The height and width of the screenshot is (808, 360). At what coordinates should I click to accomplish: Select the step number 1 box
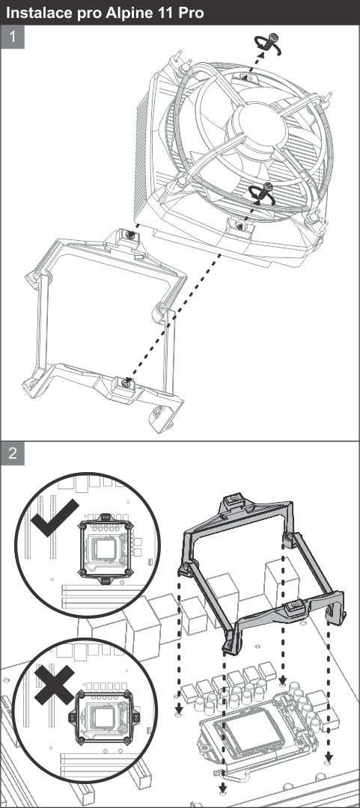[13, 37]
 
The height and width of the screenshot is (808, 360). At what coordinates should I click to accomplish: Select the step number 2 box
[13, 453]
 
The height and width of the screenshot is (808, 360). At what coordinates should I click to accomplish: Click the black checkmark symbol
[54, 518]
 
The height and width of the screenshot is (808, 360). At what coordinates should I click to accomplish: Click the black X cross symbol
[54, 685]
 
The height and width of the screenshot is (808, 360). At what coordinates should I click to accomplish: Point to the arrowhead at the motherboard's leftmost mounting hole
[178, 711]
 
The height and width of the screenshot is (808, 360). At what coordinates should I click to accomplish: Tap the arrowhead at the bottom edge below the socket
[223, 786]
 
